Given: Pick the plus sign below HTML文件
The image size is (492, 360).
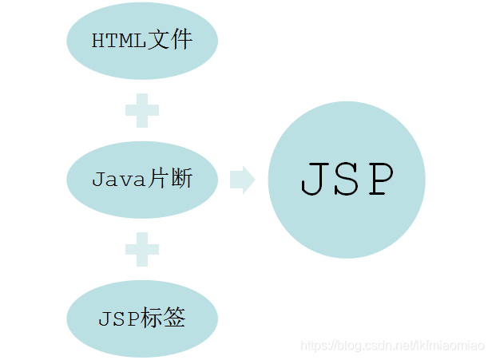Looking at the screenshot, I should pyautogui.click(x=142, y=111).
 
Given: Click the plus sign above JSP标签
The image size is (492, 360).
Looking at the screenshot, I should pyautogui.click(x=142, y=250).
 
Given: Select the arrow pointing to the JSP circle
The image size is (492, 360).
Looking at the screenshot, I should pyautogui.click(x=242, y=180).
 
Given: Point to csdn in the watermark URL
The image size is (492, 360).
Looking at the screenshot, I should pyautogui.click(x=373, y=346).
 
